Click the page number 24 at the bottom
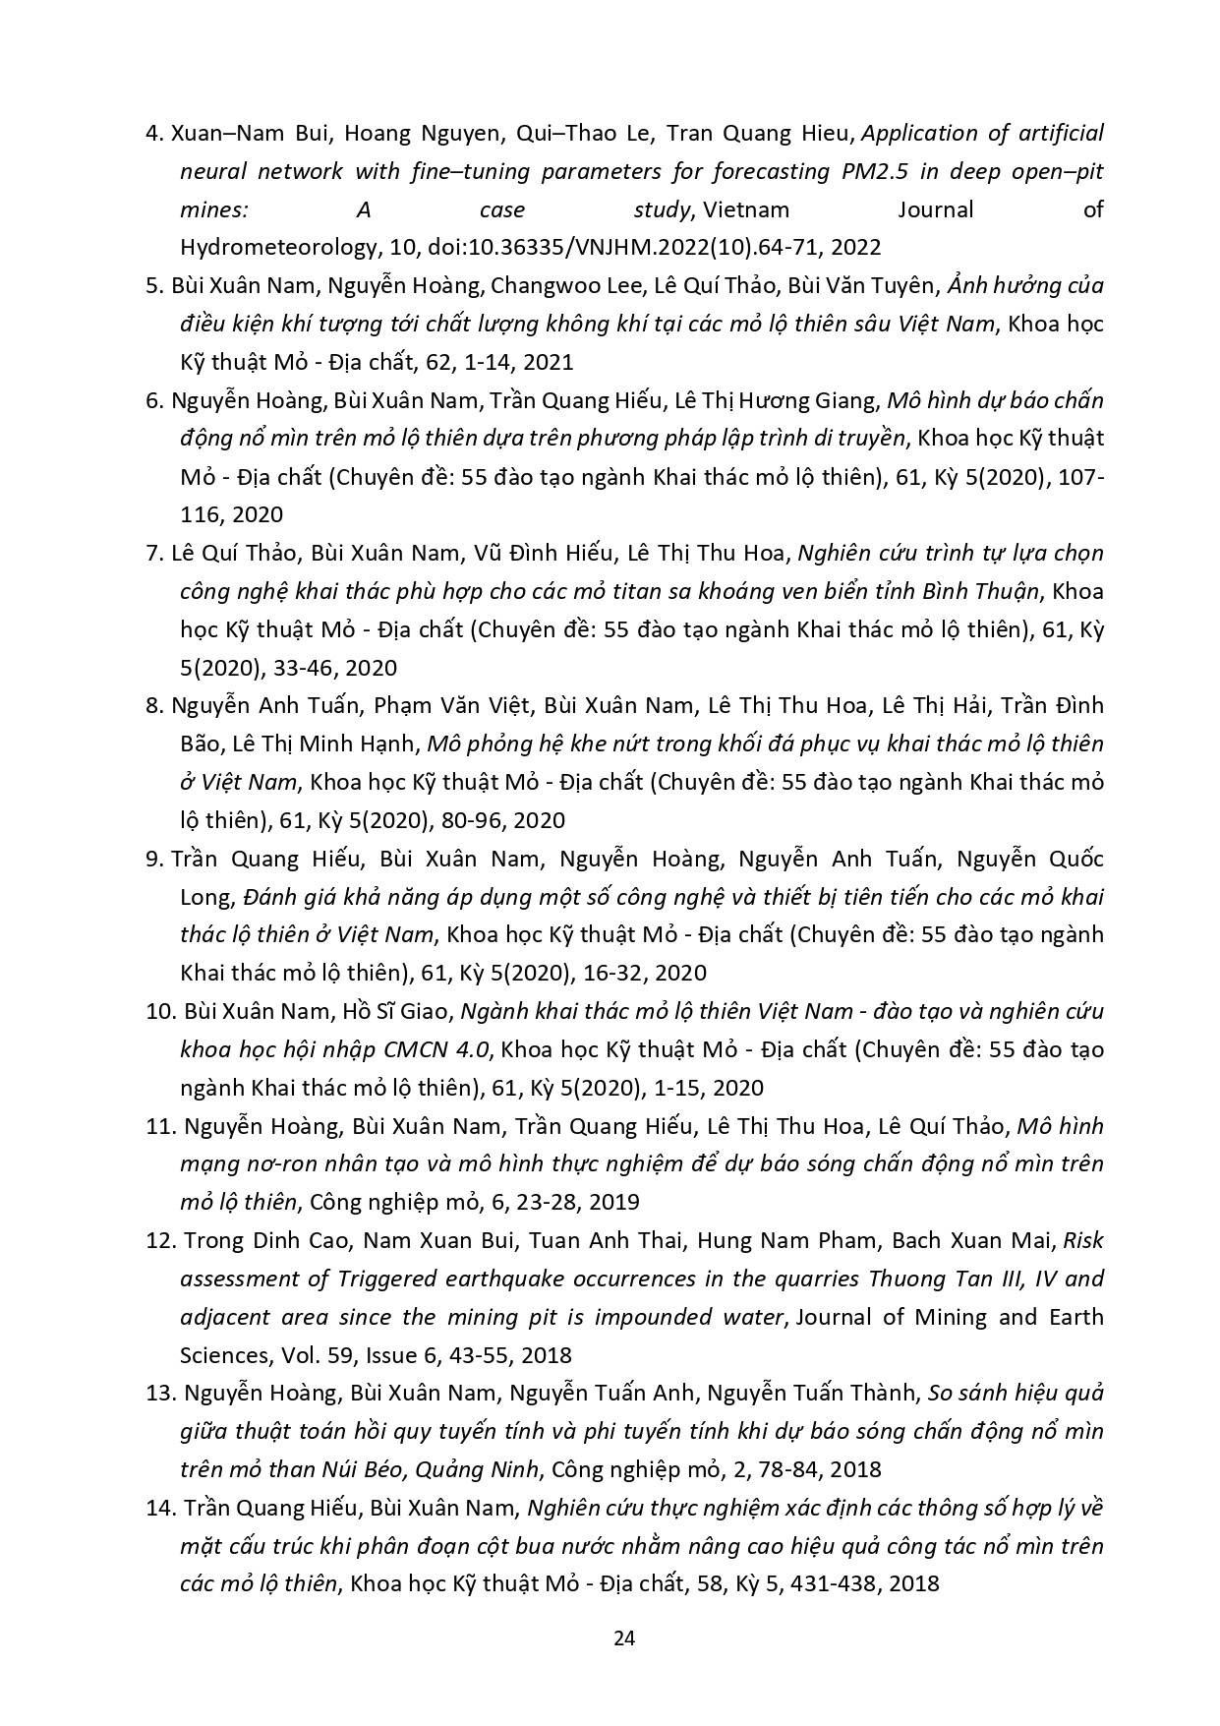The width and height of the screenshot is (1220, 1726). coord(624,1637)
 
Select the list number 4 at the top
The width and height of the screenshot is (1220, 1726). coord(152,133)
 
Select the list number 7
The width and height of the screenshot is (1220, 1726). coord(152,553)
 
